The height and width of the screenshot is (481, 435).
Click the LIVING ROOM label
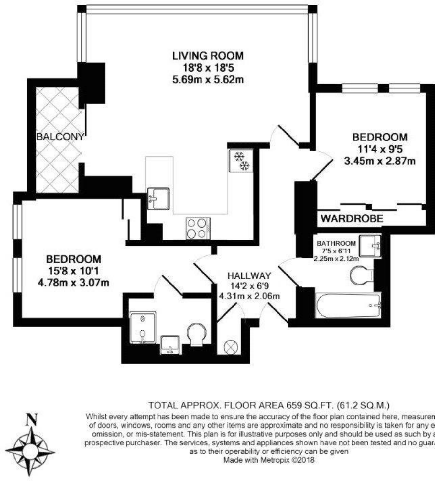(x=208, y=56)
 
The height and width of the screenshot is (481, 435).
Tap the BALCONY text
(x=60, y=137)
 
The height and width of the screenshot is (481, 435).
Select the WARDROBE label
(x=352, y=218)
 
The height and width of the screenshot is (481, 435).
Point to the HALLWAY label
(x=249, y=276)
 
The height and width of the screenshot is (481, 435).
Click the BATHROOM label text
(x=336, y=243)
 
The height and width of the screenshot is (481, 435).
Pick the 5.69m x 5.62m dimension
(x=208, y=79)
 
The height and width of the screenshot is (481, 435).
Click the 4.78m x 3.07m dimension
(x=73, y=283)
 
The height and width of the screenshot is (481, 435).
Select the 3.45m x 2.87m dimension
(x=380, y=161)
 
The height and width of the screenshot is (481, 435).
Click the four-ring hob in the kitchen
(x=198, y=228)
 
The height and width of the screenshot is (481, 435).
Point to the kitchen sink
(x=158, y=198)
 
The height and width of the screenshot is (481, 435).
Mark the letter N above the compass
(x=31, y=419)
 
